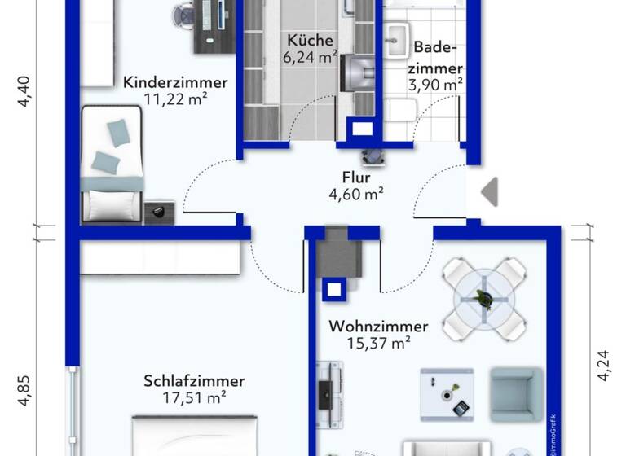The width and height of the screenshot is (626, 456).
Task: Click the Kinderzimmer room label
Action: pos(175,82)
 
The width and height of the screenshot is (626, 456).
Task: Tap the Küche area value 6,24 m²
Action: pos(311,57)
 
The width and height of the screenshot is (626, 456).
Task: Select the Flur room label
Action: pos(356,178)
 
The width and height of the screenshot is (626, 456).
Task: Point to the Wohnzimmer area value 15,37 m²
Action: pos(378,344)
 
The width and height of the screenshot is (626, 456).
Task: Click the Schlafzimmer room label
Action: pos(194,381)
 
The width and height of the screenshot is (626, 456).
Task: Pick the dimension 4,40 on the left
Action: pos(29,90)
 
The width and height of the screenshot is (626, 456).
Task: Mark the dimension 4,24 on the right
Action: pos(603,365)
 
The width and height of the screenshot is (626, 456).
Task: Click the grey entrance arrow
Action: pos(489,192)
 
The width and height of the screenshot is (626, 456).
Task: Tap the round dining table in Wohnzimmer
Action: pos(484,299)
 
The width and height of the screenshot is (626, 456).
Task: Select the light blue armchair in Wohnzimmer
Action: pos(515,394)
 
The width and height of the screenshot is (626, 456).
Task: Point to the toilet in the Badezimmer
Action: pos(401,109)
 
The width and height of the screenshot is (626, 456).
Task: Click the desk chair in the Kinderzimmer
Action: pos(185,14)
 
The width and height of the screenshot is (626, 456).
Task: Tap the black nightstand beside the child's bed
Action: pos(160,213)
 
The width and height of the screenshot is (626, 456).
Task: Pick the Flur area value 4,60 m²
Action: pos(356,195)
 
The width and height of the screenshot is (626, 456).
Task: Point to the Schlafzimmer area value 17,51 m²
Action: pos(194,398)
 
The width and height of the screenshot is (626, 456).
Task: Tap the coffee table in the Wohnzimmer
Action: pos(446,394)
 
